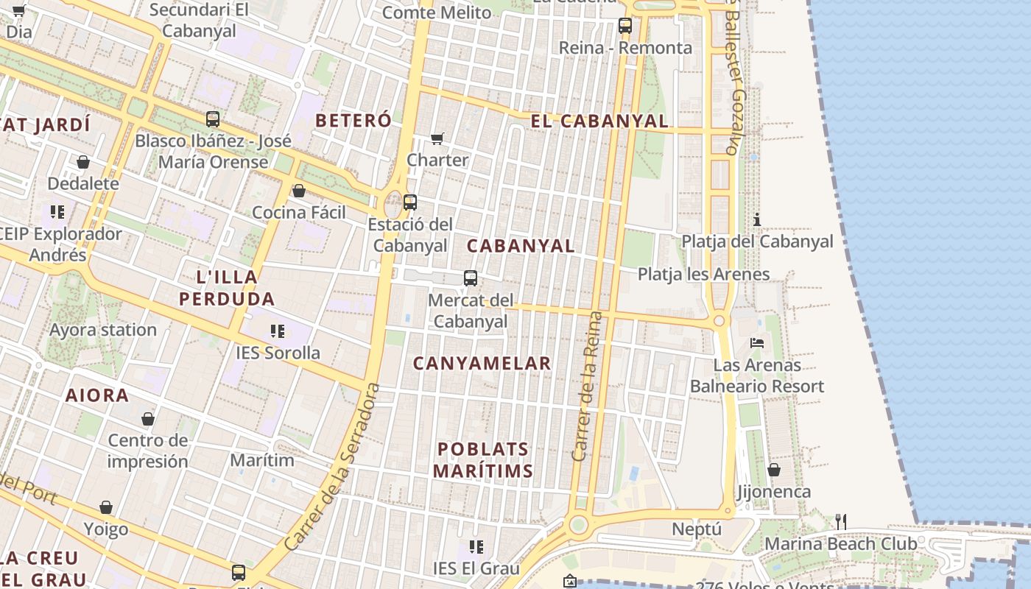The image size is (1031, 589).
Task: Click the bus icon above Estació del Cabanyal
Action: pyautogui.click(x=410, y=202)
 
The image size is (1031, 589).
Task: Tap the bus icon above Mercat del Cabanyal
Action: pyautogui.click(x=471, y=278)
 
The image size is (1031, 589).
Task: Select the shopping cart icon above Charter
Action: pyautogui.click(x=437, y=138)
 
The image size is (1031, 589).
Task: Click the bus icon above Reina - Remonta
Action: pyautogui.click(x=625, y=26)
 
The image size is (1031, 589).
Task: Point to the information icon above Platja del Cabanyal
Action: pyautogui.click(x=756, y=219)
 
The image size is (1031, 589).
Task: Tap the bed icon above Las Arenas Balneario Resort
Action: pyautogui.click(x=757, y=342)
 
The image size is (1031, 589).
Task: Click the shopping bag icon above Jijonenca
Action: pyautogui.click(x=774, y=470)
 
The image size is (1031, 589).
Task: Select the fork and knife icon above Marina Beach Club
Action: pyautogui.click(x=841, y=522)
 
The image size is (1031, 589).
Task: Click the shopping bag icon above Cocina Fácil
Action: pyautogui.click(x=299, y=191)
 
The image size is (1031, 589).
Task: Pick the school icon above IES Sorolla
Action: pyautogui.click(x=278, y=331)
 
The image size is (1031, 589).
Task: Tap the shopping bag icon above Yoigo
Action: pyautogui.click(x=106, y=507)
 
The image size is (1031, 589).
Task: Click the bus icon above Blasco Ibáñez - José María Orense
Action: pyautogui.click(x=213, y=119)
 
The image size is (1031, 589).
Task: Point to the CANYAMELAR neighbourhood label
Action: pyautogui.click(x=482, y=363)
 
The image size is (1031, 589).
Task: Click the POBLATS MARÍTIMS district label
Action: pyautogui.click(x=482, y=460)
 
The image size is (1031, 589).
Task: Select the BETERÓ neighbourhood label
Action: pyautogui.click(x=353, y=120)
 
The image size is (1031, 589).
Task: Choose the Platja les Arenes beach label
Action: pyautogui.click(x=703, y=275)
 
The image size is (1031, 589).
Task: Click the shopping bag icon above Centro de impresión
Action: pyautogui.click(x=148, y=419)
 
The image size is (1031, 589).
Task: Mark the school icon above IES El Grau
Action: pyautogui.click(x=476, y=547)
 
